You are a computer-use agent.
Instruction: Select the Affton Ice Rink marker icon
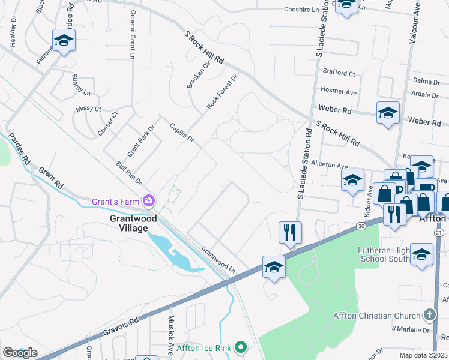(241, 347)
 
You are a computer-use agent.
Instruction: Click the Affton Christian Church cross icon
(429, 314)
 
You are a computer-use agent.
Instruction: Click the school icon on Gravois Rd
(274, 266)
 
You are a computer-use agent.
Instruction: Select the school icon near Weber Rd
(388, 112)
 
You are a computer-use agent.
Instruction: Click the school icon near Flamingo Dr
(63, 40)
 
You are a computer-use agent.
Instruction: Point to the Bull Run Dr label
(129, 172)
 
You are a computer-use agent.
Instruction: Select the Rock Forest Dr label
(222, 92)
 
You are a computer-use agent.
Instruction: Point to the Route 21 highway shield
(439, 232)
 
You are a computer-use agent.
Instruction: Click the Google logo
(19, 353)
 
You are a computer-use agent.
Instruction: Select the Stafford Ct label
(339, 73)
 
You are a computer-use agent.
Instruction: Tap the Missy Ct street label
(89, 109)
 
